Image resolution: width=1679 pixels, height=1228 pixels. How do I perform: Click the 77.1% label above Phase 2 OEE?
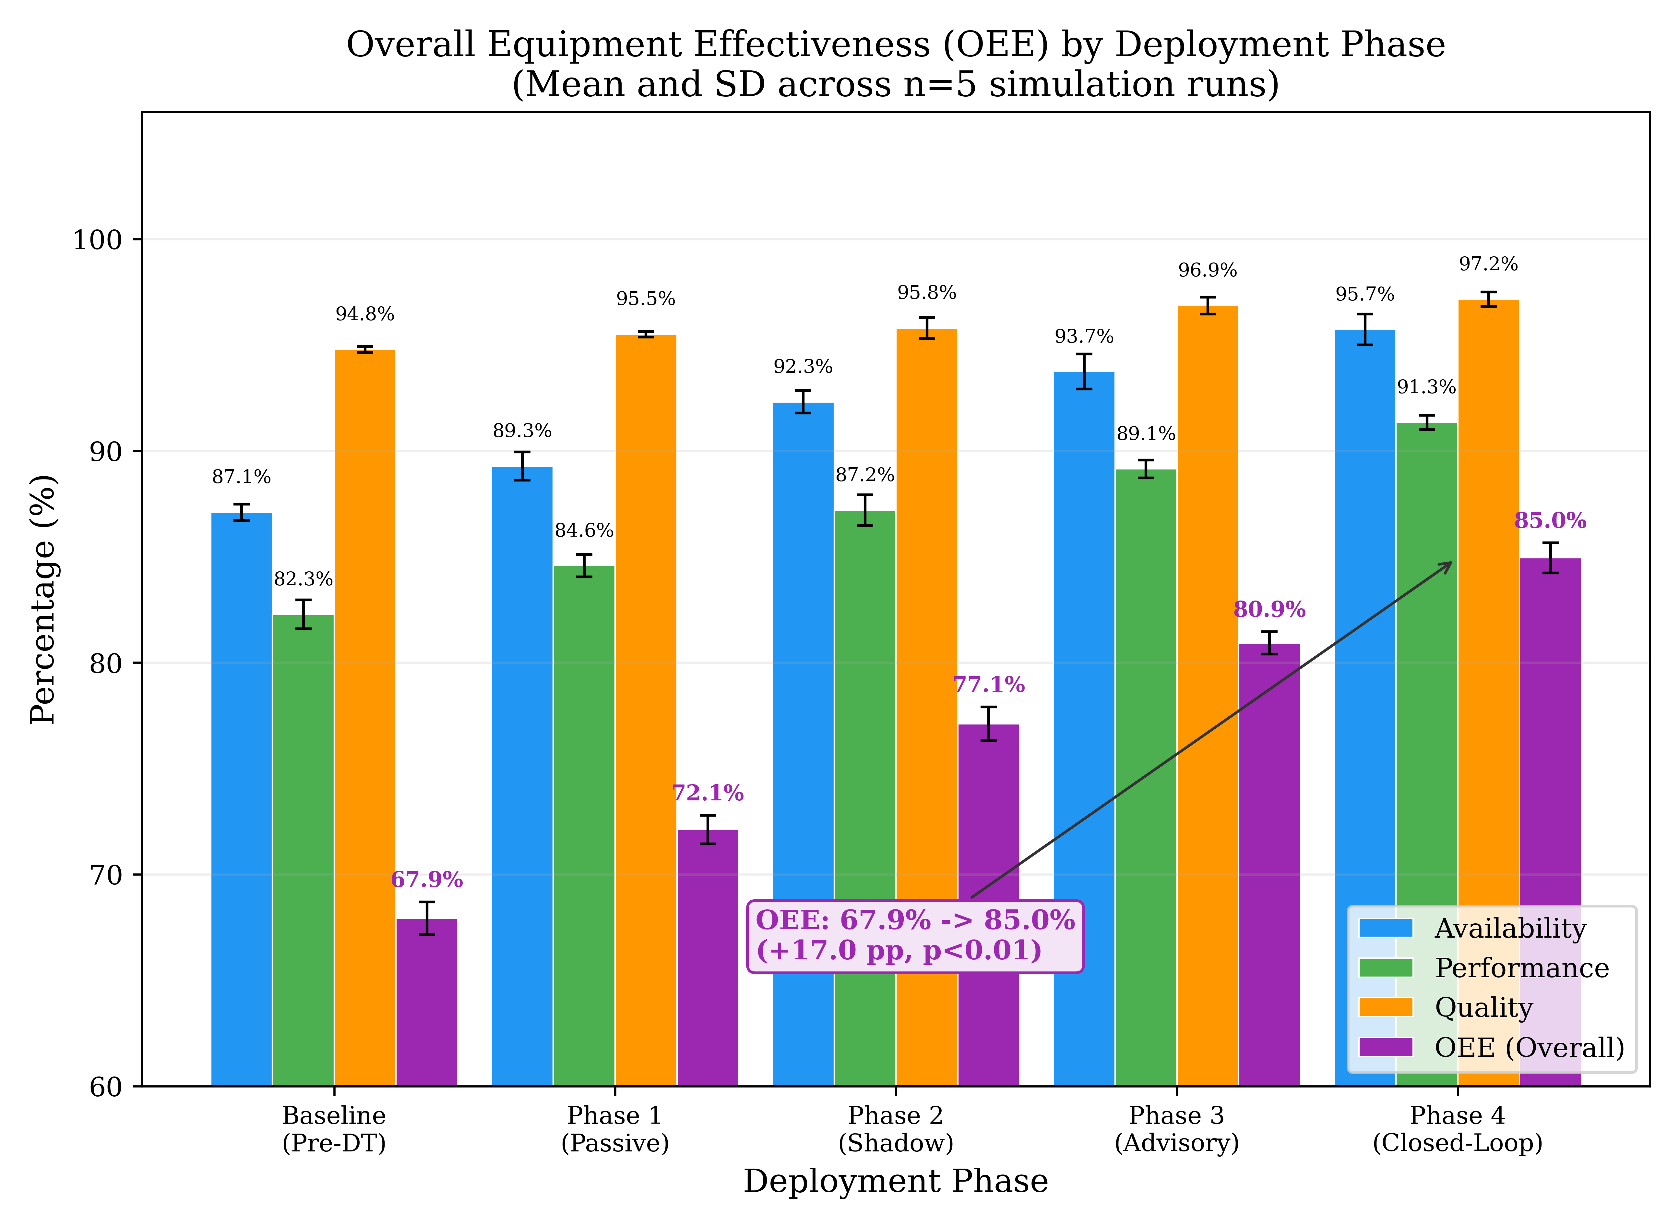[x=989, y=685]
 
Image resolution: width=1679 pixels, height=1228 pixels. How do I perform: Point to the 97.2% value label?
[x=1488, y=264]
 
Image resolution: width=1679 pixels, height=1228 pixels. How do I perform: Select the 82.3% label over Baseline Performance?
[x=303, y=579]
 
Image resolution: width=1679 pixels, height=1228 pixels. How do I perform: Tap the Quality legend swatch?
[x=1386, y=1007]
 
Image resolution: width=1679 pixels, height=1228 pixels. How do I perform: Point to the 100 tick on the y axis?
[x=97, y=240]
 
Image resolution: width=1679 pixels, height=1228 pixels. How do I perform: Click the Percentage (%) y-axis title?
[x=43, y=599]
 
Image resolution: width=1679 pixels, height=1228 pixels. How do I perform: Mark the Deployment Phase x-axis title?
[x=896, y=1181]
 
